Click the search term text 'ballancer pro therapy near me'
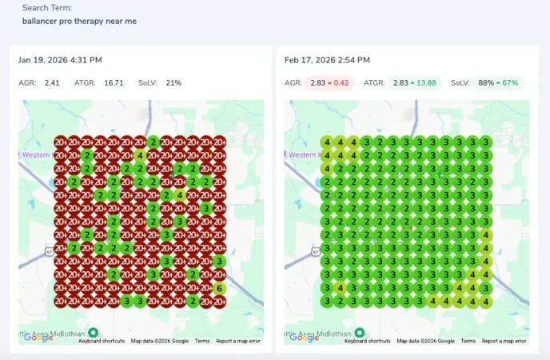[79, 21]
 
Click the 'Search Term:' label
[47, 7]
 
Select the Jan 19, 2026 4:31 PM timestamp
[60, 60]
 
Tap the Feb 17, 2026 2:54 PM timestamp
[327, 60]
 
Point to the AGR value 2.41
[52, 82]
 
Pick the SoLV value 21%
[173, 82]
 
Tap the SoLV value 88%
[485, 82]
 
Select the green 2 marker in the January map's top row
[153, 142]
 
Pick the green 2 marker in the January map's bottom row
[193, 301]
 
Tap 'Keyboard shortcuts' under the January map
[102, 341]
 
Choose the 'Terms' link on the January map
[202, 341]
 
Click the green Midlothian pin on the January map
[93, 333]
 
